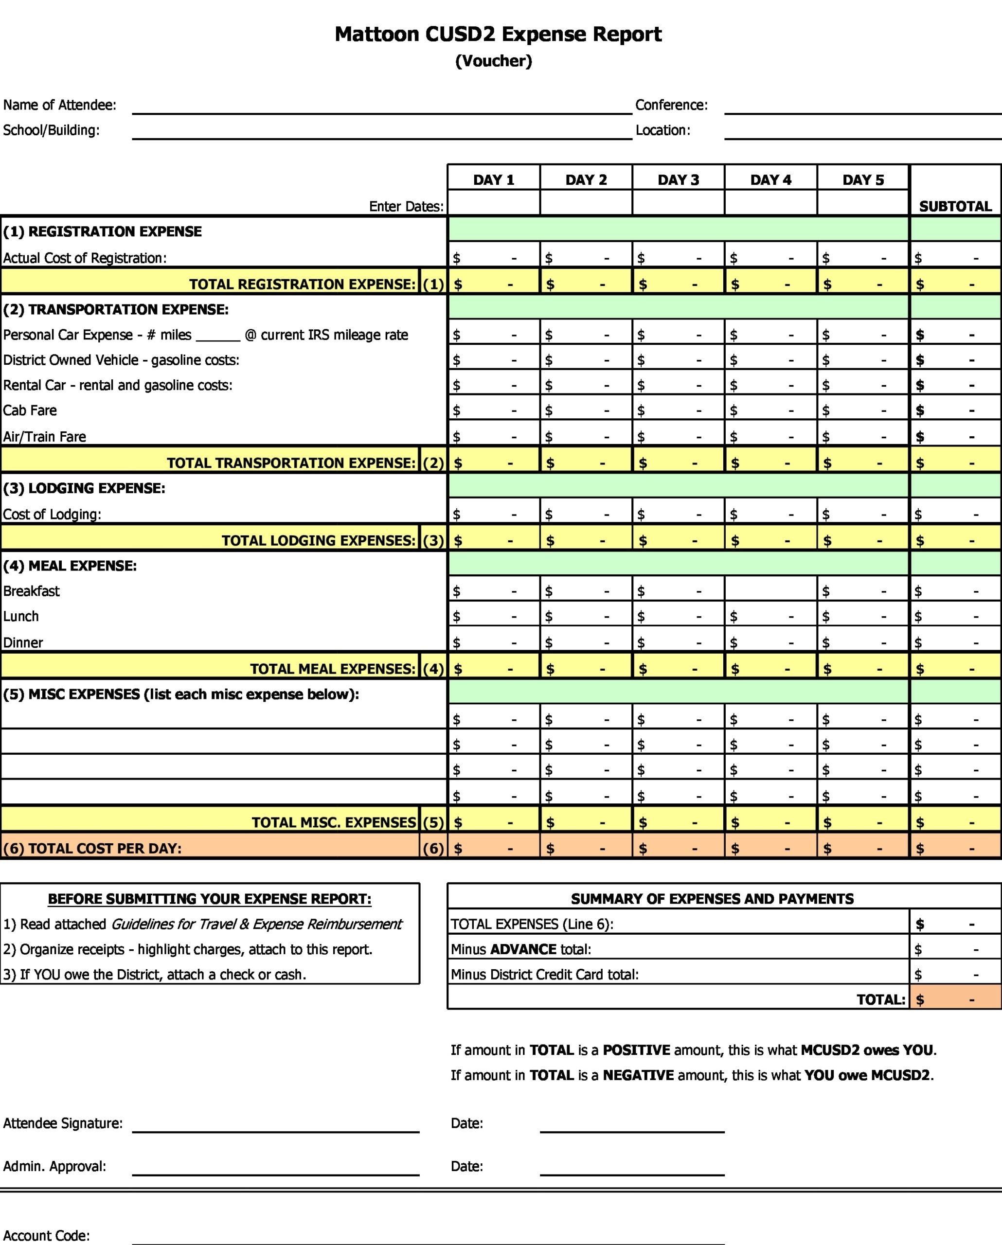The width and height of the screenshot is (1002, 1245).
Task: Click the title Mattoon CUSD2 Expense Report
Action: tap(498, 34)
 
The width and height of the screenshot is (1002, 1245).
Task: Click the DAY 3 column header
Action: tap(678, 179)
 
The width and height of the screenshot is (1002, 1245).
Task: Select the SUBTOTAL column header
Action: tap(955, 206)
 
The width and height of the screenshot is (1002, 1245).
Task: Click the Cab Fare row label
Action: tap(30, 410)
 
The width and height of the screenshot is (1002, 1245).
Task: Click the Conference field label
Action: tap(671, 105)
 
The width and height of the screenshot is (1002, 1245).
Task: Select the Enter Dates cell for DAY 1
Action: tap(493, 203)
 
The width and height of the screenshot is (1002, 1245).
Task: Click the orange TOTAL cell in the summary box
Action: tap(955, 999)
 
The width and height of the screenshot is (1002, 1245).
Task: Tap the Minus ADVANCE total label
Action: tap(521, 949)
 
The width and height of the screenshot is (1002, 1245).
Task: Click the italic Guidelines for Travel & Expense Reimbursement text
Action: tap(256, 924)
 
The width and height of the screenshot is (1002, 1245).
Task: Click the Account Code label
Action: tap(46, 1235)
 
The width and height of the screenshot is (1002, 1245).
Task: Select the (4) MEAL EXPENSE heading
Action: tap(70, 566)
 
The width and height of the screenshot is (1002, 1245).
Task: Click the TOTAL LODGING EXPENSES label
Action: tap(318, 540)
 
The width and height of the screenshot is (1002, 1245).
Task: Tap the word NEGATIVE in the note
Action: tap(638, 1075)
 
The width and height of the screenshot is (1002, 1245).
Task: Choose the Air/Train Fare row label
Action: tap(44, 437)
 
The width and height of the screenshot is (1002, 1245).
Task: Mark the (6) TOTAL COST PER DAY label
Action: tap(92, 848)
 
